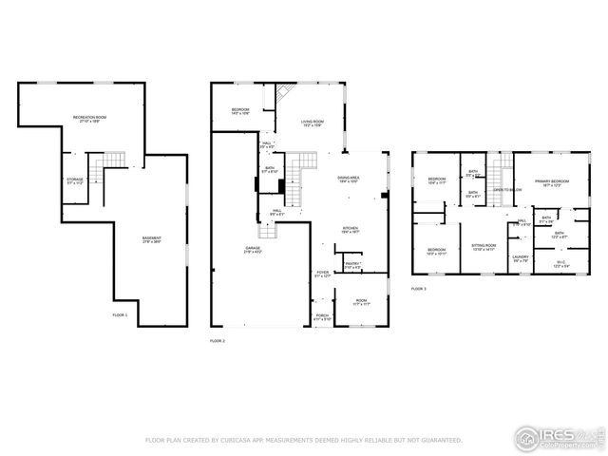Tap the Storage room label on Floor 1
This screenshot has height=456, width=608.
point(74,180)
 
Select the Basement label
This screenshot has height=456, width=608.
point(151,239)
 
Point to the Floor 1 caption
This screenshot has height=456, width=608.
point(120,314)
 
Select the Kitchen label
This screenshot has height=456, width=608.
point(351,230)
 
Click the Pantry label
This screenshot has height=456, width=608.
point(351,266)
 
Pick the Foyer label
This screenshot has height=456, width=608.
point(323,275)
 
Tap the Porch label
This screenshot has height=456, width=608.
point(323,317)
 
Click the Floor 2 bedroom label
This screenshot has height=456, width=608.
point(239,111)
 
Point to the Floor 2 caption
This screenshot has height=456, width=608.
point(217,340)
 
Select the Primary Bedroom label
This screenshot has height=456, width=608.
point(551,182)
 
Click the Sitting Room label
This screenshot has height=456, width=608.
point(485,246)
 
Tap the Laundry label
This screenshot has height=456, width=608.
point(520,258)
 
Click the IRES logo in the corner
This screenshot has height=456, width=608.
point(559,438)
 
